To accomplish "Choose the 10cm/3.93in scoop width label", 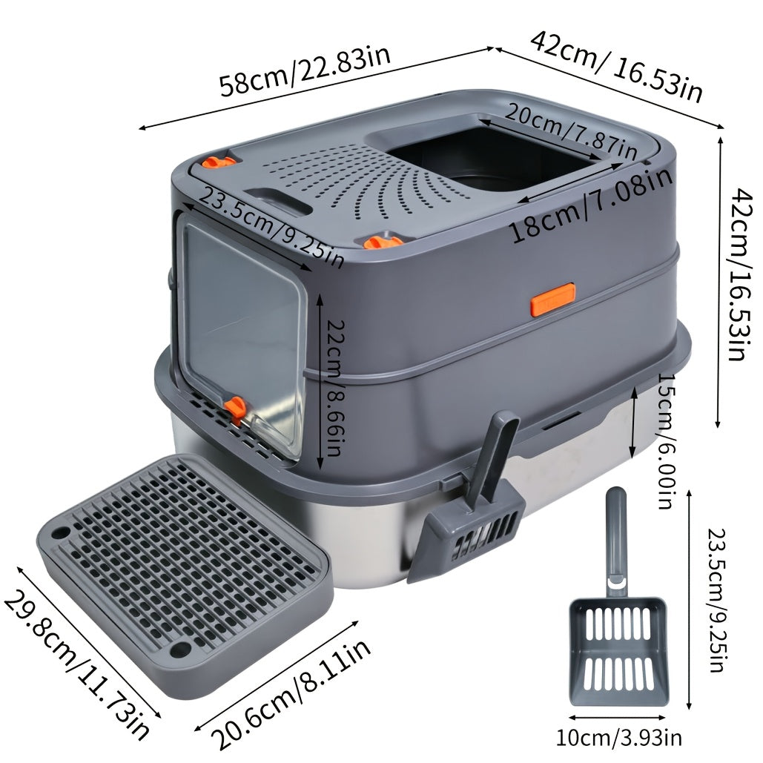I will click(619, 738).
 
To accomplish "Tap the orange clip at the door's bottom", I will click(237, 406).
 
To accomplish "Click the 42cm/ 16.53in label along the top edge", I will click(615, 65).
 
